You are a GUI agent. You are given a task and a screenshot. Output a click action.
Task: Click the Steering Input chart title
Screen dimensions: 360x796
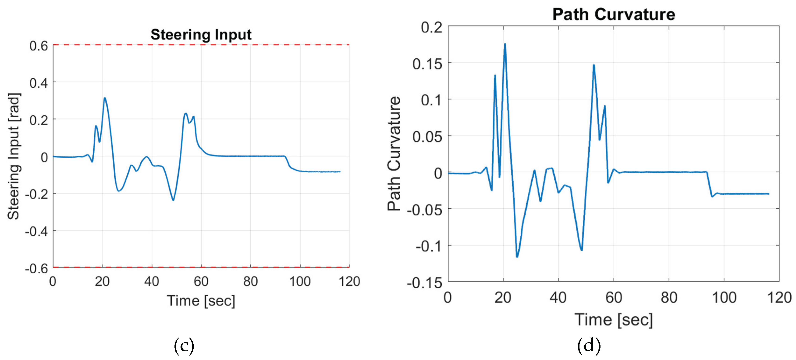pos(201,34)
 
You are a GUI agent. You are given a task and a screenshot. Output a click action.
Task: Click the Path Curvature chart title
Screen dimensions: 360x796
pos(614,14)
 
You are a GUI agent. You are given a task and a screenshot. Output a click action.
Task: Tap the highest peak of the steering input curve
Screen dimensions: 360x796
pos(105,98)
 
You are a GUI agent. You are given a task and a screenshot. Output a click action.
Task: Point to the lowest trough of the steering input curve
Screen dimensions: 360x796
pos(173,200)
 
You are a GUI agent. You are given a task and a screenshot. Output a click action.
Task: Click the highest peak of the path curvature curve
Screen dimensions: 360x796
pos(505,44)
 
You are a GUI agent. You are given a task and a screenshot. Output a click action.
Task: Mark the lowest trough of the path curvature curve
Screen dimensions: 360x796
pos(517,257)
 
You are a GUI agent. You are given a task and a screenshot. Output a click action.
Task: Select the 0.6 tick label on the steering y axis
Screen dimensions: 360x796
pos(39,46)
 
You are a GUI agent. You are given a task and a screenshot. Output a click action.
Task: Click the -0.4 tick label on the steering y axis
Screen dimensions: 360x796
pos(36,231)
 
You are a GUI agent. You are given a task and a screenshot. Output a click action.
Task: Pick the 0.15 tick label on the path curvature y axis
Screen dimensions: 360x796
pos(427,64)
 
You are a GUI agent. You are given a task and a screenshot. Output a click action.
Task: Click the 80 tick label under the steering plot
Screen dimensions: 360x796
pos(250,281)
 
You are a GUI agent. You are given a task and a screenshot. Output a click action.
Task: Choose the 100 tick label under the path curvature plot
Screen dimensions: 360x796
pos(724,298)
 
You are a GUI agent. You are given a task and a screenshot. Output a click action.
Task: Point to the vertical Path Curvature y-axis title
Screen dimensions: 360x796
pos(394,153)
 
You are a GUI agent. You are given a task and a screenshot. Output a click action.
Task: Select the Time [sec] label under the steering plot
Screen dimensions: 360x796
pos(201,300)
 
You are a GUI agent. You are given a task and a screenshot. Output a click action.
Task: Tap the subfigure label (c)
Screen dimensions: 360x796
pos(184,346)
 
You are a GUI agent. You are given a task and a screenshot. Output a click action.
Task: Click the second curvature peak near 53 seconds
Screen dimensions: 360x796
pos(593,65)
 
